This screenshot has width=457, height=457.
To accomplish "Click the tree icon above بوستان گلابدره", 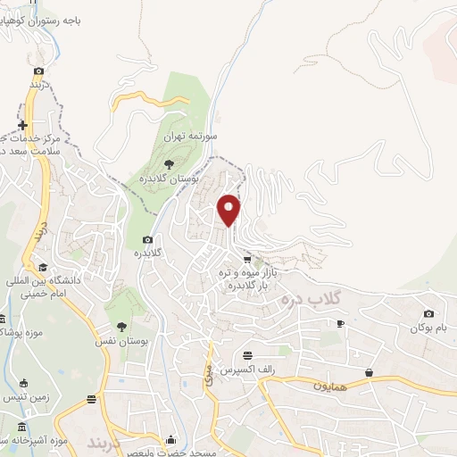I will click(x=169, y=163).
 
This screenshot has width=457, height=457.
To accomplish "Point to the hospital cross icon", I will click(x=24, y=125).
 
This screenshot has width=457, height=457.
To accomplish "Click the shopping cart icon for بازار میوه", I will click(x=247, y=259).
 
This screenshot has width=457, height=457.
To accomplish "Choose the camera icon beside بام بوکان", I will click(x=429, y=313).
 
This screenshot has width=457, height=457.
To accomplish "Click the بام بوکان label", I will click(x=425, y=328).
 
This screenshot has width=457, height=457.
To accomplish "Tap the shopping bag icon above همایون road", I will click(x=368, y=371).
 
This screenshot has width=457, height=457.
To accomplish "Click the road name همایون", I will click(x=329, y=386).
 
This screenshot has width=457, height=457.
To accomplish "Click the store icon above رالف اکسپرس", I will click(x=259, y=354).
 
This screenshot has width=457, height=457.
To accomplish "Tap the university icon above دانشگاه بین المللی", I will click(x=41, y=266).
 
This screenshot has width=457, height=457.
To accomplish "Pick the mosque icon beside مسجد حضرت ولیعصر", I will click(x=171, y=439).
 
